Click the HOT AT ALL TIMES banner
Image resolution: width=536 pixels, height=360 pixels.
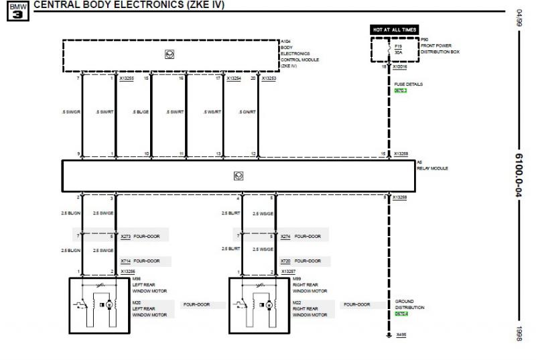point(394,29)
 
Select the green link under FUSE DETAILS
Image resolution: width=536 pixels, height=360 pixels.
point(400,90)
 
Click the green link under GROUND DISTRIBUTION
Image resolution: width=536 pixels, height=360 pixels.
point(401,313)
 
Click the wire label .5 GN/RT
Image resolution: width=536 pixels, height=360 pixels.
point(246,112)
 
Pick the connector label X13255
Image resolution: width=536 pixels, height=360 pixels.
point(127,78)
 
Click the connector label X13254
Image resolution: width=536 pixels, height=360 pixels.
point(233,78)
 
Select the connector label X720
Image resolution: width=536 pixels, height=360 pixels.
point(286,260)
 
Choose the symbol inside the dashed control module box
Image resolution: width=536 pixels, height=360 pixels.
point(170,54)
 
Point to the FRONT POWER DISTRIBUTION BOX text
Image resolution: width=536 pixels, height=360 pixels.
point(441,48)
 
